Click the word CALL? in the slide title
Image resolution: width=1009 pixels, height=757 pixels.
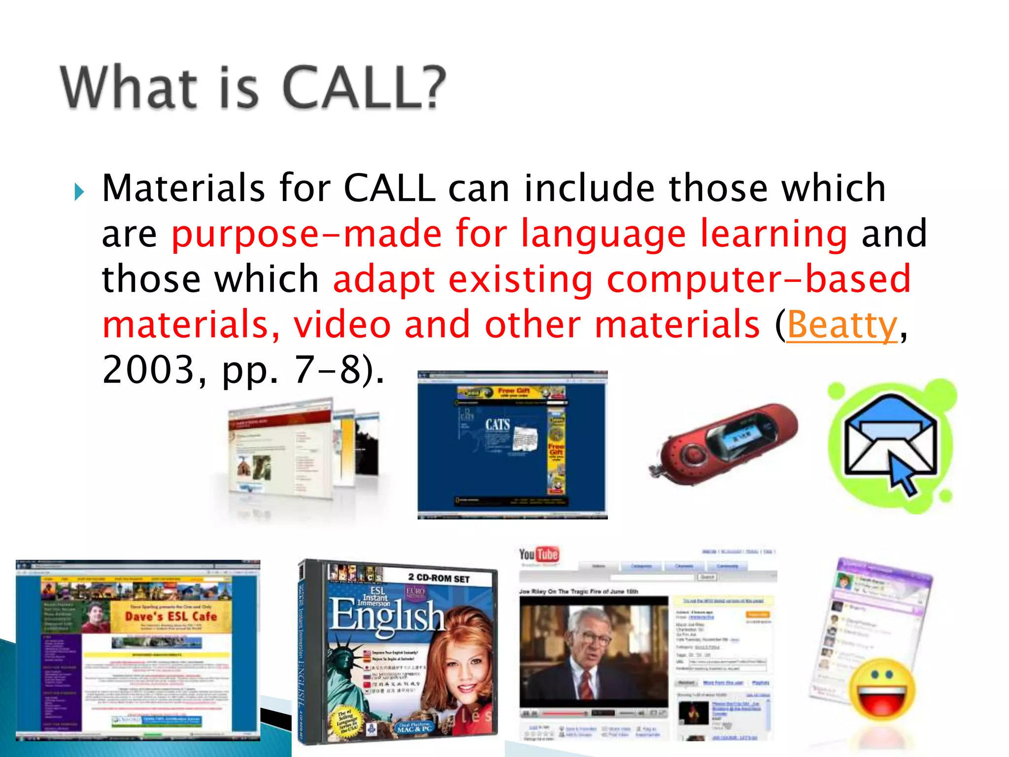pyautogui.click(x=365, y=88)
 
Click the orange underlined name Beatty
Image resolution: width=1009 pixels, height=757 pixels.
pyautogui.click(x=842, y=325)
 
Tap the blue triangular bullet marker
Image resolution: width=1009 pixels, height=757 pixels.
pyautogui.click(x=79, y=191)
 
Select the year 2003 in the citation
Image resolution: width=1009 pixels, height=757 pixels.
pyautogui.click(x=148, y=370)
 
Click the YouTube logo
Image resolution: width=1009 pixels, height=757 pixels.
pyautogui.click(x=538, y=554)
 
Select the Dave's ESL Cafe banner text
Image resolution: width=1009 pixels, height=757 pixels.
pyautogui.click(x=170, y=616)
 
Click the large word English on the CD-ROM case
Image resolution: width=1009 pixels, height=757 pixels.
pyautogui.click(x=387, y=616)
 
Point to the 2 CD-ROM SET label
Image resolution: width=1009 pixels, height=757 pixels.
pyautogui.click(x=438, y=578)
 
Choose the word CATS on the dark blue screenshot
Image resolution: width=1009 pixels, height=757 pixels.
pyautogui.click(x=498, y=424)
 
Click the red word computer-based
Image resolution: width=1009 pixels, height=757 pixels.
pyautogui.click(x=758, y=279)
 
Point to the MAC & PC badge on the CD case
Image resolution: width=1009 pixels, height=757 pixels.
pyautogui.click(x=415, y=727)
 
